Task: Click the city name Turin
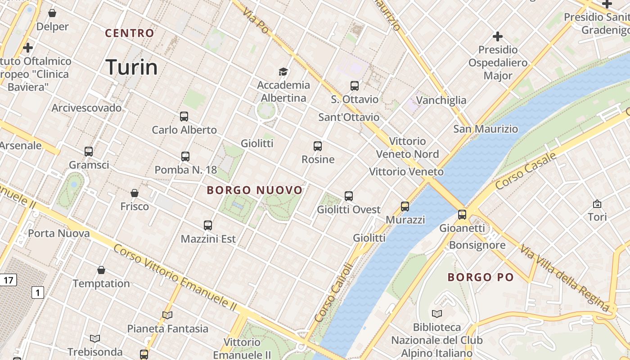click(x=131, y=67)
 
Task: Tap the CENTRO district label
click(x=130, y=33)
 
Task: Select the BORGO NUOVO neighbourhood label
click(x=255, y=190)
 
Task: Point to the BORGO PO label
click(x=481, y=277)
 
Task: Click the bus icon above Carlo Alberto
click(x=184, y=117)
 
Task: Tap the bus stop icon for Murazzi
click(x=405, y=207)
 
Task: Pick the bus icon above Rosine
click(x=318, y=146)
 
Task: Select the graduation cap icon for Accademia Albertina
click(x=283, y=72)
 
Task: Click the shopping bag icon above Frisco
click(x=134, y=193)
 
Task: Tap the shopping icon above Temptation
click(x=101, y=270)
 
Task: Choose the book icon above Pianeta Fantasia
click(x=167, y=315)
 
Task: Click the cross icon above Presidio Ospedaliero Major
click(x=498, y=36)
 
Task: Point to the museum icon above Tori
click(x=597, y=204)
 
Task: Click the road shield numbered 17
click(x=8, y=280)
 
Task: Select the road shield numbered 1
click(x=38, y=293)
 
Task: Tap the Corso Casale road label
click(x=526, y=171)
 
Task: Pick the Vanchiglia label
click(x=441, y=100)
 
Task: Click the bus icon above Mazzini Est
click(x=207, y=225)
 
